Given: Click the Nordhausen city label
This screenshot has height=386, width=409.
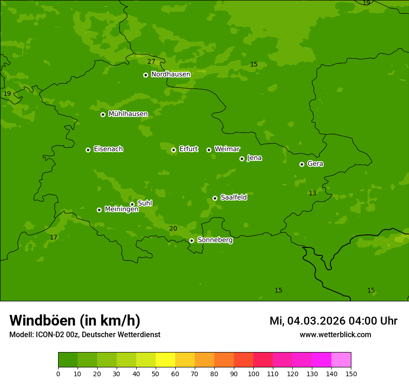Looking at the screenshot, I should (171, 74).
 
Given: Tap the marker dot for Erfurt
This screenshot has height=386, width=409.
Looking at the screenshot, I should (173, 150).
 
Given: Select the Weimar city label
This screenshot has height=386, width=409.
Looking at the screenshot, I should (227, 149).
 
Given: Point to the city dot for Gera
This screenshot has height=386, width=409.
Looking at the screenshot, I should (302, 164).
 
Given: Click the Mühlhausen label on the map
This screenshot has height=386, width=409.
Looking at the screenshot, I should (128, 114).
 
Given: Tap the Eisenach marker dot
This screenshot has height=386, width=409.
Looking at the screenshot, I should (88, 150).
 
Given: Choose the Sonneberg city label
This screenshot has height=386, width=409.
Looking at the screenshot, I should (215, 240).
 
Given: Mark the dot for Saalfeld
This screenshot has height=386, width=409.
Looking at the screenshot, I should (215, 198).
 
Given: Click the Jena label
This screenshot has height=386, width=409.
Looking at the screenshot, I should (254, 158).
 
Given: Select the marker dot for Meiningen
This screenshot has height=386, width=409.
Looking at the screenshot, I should (99, 210).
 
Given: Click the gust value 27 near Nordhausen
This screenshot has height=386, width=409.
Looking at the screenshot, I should (152, 61).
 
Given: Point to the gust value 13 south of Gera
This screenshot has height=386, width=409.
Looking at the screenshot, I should (312, 193).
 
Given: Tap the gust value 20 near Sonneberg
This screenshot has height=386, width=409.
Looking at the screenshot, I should (173, 228).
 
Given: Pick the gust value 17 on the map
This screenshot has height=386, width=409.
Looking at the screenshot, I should (53, 237).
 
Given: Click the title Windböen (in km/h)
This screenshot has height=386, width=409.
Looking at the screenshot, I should (75, 320).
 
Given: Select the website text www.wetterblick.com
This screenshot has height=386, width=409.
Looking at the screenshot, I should (335, 334).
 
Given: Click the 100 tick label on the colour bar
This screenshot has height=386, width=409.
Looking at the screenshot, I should (253, 373).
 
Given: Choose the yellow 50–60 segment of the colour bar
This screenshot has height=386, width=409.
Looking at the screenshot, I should (165, 359).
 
